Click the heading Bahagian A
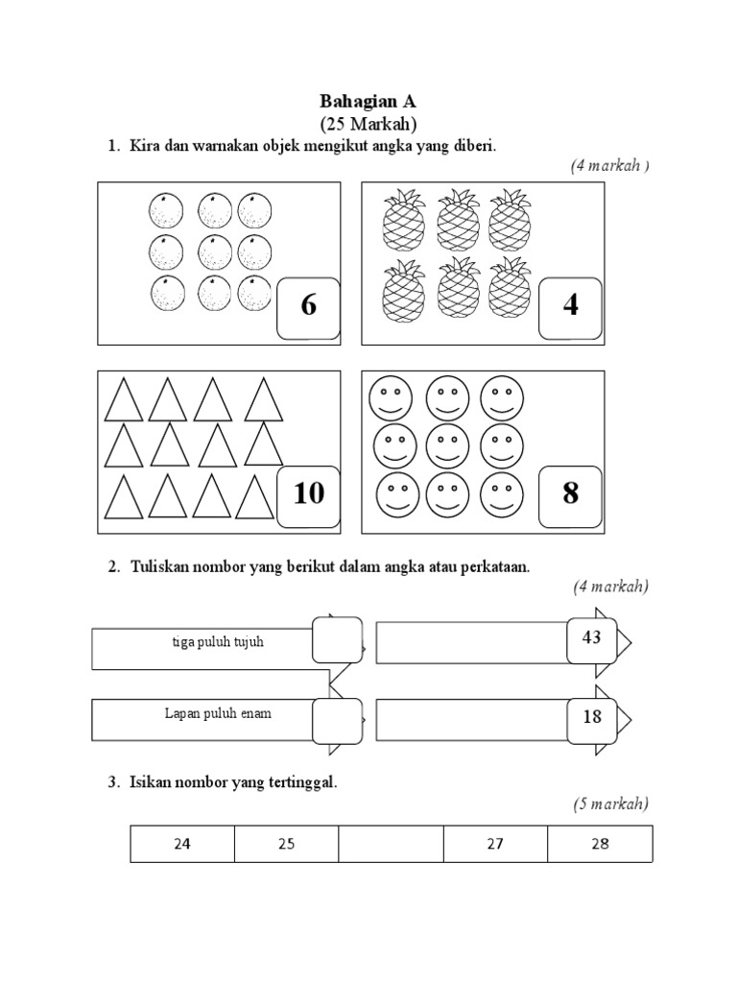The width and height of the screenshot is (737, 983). tap(368, 101)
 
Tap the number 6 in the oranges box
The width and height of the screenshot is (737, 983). tap(308, 306)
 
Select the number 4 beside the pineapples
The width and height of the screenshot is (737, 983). tap(571, 306)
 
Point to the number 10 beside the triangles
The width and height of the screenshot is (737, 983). tap(309, 494)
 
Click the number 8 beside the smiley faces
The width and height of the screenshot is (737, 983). tap(571, 494)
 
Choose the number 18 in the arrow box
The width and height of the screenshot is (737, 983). tap(591, 717)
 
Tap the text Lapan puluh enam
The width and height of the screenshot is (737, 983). tap(217, 714)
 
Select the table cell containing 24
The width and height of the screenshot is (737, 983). tap(182, 845)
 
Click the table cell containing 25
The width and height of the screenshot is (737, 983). tap(286, 845)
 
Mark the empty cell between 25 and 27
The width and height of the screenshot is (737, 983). tap(391, 845)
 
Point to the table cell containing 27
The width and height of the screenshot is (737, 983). tap(495, 845)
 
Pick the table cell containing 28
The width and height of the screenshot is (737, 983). tap(600, 845)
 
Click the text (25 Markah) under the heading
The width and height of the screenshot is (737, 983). tap(368, 123)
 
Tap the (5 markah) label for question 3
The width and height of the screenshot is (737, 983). tap(610, 803)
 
